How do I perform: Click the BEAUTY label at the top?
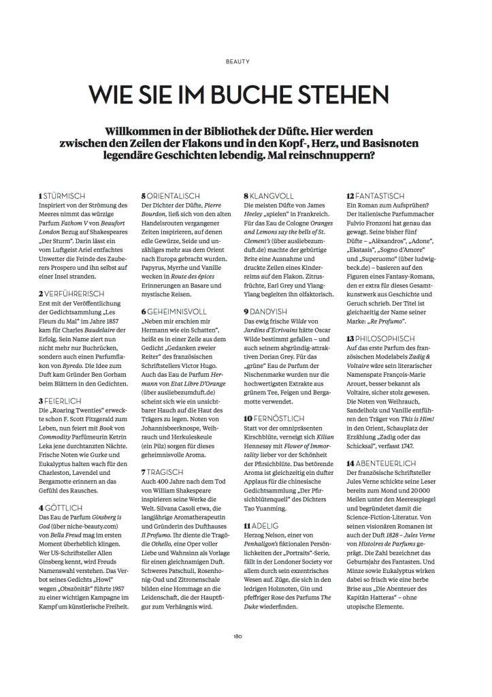(x=246, y=60)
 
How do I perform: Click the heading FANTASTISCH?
(x=376, y=196)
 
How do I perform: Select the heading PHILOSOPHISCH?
(x=380, y=339)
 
